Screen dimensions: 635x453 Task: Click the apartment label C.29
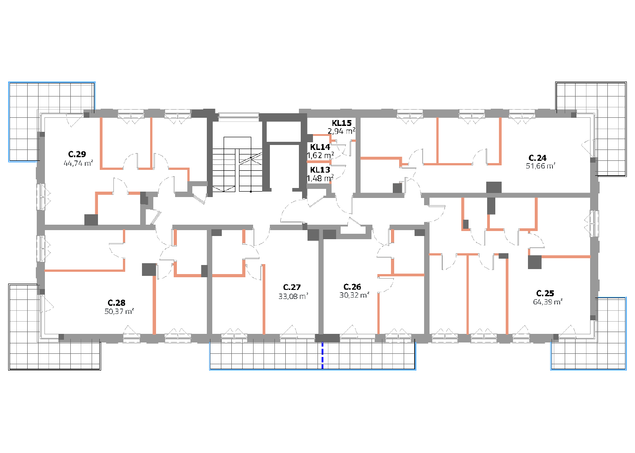click(77, 154)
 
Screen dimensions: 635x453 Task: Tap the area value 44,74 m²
click(78, 163)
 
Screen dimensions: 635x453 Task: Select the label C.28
click(116, 303)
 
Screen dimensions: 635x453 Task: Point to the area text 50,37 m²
click(119, 312)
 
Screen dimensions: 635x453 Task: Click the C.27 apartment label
click(292, 287)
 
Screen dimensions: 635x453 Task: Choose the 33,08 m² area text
click(293, 296)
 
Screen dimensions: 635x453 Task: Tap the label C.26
click(352, 287)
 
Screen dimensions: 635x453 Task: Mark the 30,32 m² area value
click(354, 295)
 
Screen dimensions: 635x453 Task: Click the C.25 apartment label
click(545, 294)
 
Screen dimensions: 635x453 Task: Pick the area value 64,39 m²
click(548, 302)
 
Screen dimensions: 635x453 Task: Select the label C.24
click(537, 158)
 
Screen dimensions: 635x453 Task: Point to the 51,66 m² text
click(540, 166)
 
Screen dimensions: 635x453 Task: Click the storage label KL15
click(342, 123)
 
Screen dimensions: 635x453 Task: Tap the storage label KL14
click(320, 147)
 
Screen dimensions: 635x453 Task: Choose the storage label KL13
click(320, 170)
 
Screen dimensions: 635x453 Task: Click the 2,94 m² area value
click(342, 131)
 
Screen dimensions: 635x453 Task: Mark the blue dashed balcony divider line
click(322, 356)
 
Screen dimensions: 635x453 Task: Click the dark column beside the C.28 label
click(149, 269)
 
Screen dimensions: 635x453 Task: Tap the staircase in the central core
click(237, 164)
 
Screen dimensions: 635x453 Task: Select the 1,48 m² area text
click(320, 178)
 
